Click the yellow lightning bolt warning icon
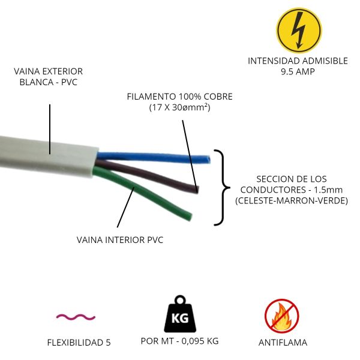(298, 29)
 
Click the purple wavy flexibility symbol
(76, 316)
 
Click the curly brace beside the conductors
(222, 188)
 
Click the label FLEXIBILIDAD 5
(79, 343)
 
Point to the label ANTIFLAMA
(283, 343)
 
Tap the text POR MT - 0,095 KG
(179, 341)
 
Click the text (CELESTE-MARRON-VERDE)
(292, 201)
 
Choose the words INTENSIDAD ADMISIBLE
(298, 61)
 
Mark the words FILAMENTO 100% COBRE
(179, 97)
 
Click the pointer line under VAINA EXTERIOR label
(50, 128)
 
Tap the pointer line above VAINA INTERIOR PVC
(126, 207)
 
